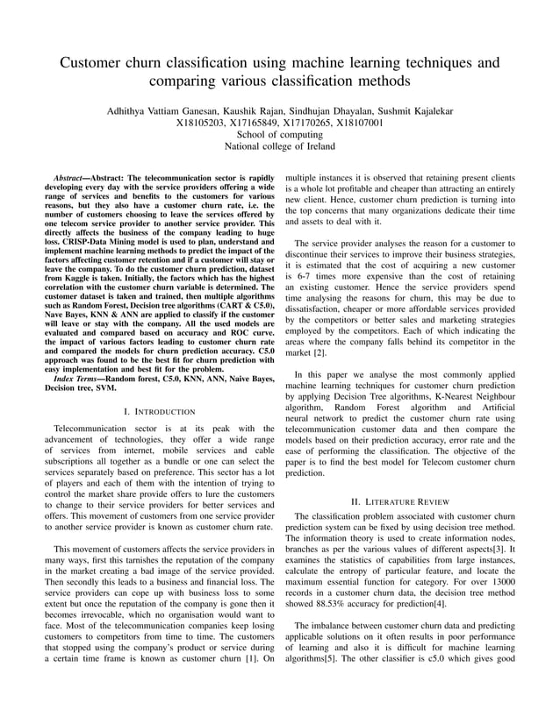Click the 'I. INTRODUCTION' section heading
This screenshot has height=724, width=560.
[x=159, y=411]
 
